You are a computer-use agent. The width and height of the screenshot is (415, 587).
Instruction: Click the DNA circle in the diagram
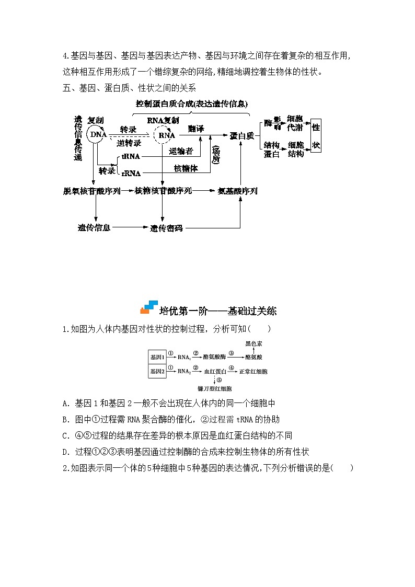(x=96, y=135)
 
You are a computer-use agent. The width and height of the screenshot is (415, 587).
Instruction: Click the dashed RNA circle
(x=166, y=135)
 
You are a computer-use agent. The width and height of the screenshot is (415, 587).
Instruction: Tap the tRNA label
(x=130, y=156)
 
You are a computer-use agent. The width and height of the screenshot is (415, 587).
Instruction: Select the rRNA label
(x=131, y=172)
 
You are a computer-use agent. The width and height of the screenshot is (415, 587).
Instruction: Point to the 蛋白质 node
(x=241, y=135)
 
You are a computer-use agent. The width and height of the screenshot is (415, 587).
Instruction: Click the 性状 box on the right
(x=316, y=135)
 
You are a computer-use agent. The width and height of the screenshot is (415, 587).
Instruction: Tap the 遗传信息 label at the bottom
(x=94, y=228)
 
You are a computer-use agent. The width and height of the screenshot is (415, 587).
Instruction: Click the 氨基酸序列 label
(x=237, y=191)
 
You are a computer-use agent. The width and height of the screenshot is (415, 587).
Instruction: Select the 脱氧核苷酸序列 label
(x=91, y=191)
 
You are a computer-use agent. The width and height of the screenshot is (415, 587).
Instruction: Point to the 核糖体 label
(x=185, y=168)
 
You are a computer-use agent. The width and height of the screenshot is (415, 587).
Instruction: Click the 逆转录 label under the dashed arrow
(x=129, y=143)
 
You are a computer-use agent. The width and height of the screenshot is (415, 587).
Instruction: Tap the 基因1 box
(x=157, y=357)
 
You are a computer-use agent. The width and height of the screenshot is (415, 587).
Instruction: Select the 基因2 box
(x=157, y=371)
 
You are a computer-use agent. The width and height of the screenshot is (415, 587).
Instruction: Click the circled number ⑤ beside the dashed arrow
(x=220, y=380)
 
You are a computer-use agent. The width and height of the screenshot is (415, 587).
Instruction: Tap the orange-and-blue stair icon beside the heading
(x=148, y=307)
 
